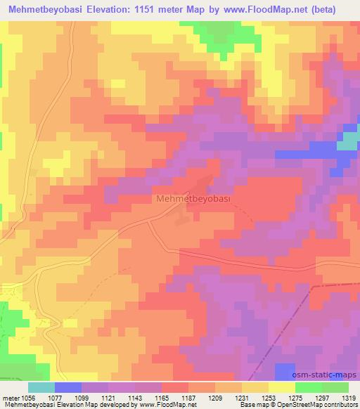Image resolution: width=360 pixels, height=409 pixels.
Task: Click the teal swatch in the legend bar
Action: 41,387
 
